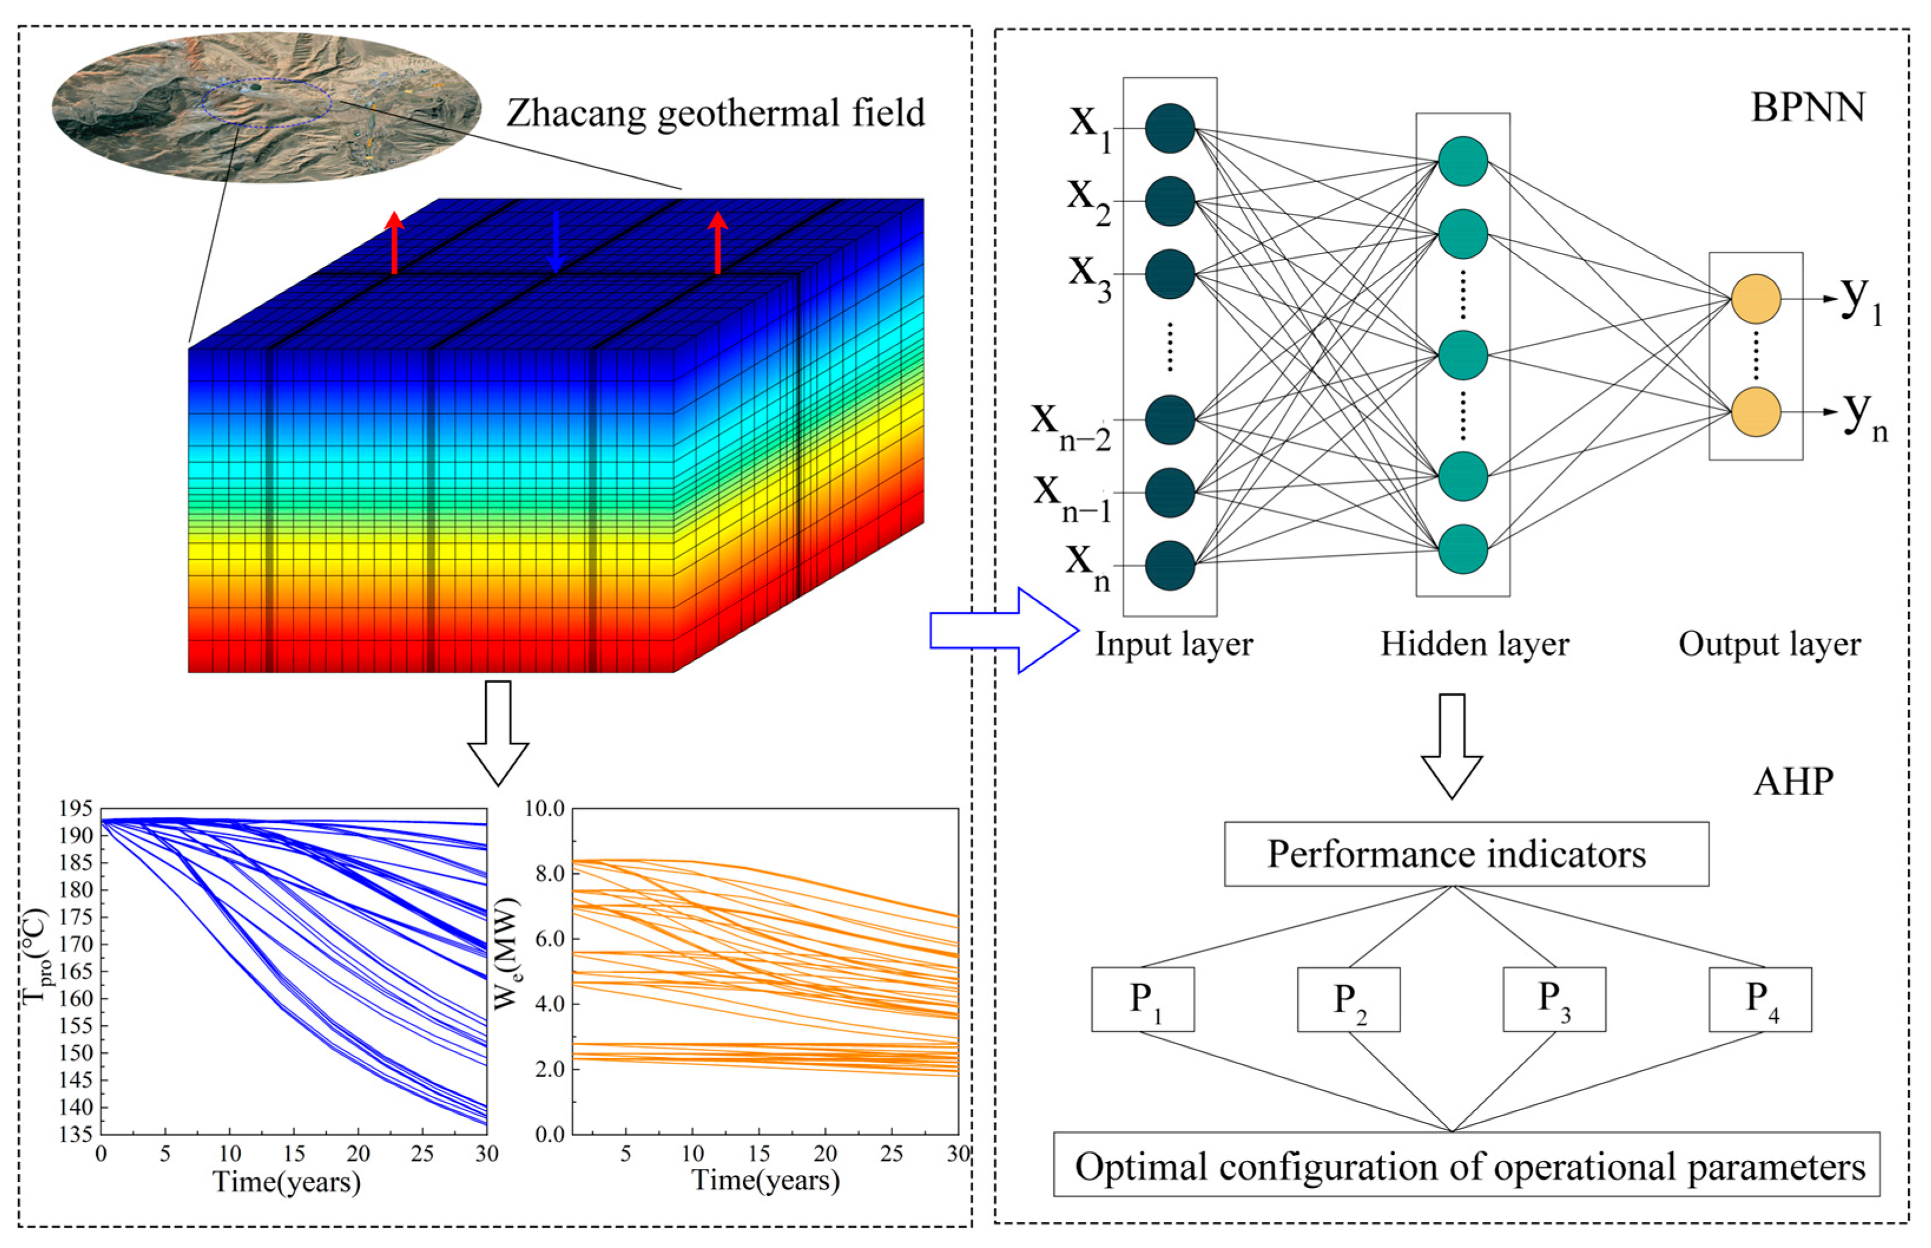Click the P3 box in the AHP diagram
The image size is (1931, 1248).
(1553, 999)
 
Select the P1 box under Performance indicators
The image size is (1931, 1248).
(1142, 999)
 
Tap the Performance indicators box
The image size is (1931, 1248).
(1466, 854)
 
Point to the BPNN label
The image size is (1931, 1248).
(1807, 108)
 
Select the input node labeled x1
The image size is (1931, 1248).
(1169, 128)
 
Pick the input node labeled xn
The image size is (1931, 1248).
(1169, 565)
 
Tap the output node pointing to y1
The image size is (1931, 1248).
(1755, 298)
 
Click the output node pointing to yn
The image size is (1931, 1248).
(1755, 411)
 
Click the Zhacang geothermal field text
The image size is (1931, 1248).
(715, 113)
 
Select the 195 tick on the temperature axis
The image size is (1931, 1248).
(75, 808)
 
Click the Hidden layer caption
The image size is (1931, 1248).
(1474, 644)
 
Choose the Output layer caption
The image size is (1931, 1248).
(1769, 644)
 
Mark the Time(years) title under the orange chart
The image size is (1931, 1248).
(765, 1180)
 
